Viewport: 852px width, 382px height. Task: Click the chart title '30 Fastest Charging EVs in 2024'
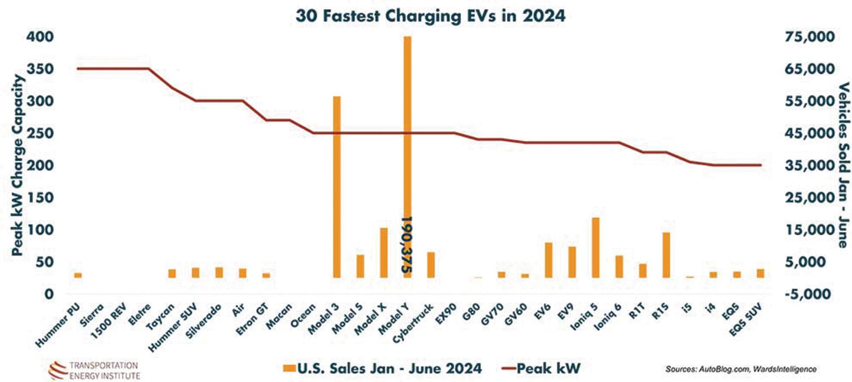(x=430, y=16)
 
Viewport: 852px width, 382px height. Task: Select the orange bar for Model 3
(x=336, y=186)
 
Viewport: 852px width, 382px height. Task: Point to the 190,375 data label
(x=407, y=245)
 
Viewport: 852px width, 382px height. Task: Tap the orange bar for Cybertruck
(x=431, y=265)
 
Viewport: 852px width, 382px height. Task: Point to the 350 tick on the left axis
(x=40, y=69)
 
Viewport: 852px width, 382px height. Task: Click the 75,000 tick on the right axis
(x=809, y=37)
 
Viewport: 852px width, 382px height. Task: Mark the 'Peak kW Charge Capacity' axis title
(x=17, y=165)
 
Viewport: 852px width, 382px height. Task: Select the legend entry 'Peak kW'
(x=542, y=369)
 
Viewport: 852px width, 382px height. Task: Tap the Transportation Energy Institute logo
(x=94, y=370)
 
